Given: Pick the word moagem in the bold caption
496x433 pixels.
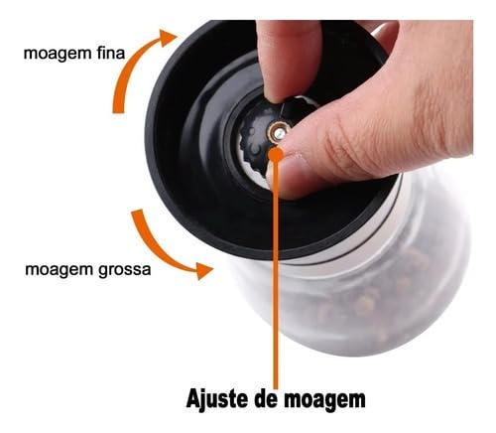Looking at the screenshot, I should pyautogui.click(x=327, y=399).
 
